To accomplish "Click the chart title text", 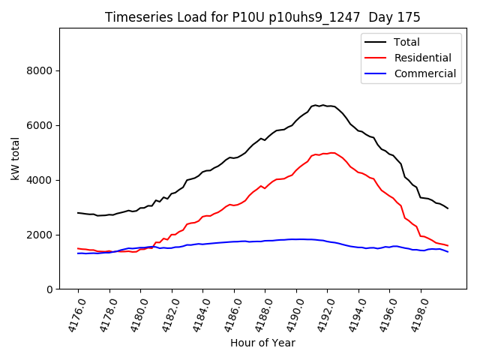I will [x=262, y=17].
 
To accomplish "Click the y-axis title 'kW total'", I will [x=16, y=158].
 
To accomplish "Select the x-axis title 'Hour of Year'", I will [x=262, y=343].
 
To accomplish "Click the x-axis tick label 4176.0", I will [x=73, y=314].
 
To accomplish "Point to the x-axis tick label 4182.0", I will [x=166, y=314].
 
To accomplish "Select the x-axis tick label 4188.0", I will [x=259, y=314].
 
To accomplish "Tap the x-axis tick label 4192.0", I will [x=322, y=314].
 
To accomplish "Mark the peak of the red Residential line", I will [x=331, y=152].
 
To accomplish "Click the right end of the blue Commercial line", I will [x=448, y=251].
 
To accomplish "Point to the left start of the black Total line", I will [x=78, y=212].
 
